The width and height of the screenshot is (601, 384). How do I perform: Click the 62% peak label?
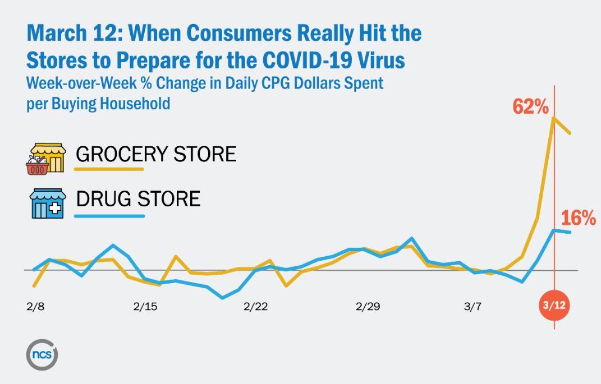530,107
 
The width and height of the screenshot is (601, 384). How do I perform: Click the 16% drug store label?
579,219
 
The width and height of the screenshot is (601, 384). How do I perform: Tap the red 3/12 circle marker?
554,306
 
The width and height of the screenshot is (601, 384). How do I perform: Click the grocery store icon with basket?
45,159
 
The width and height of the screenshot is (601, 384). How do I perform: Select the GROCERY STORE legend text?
156,154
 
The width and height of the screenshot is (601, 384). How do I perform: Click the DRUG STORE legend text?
138,198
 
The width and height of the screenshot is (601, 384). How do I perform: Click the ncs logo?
42,354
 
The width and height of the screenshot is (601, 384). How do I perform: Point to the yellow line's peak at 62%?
554,118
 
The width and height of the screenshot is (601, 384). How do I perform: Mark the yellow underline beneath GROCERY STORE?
110,169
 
